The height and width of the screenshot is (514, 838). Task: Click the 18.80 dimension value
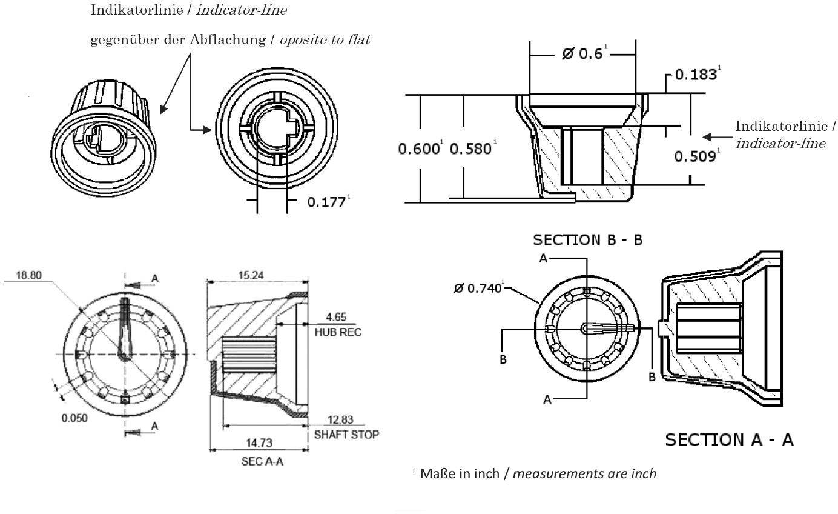point(28,275)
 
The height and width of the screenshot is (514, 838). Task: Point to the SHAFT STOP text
point(346,435)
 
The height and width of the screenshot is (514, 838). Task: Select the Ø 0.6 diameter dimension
point(582,54)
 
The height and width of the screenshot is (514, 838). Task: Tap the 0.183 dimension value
point(696,75)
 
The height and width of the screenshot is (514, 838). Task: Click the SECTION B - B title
point(587,240)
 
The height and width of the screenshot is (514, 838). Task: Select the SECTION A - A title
point(729,439)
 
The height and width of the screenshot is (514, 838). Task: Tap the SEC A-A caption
point(259,462)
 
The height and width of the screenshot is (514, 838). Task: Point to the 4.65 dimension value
point(337,316)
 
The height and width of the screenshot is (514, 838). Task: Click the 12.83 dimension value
point(340,420)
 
